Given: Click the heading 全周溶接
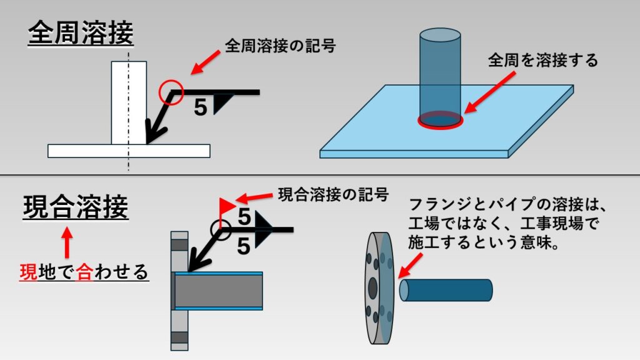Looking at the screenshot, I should (x=81, y=34).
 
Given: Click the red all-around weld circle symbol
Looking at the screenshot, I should (x=171, y=92).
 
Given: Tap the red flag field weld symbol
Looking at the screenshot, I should (x=227, y=204).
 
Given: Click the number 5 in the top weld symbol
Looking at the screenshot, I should (x=200, y=107).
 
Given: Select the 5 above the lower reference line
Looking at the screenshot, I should (x=244, y=217).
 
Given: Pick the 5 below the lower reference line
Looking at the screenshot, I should (x=244, y=246).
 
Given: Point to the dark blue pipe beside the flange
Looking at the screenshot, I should (x=446, y=290).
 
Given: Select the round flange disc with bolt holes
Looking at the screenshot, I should (x=378, y=289).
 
